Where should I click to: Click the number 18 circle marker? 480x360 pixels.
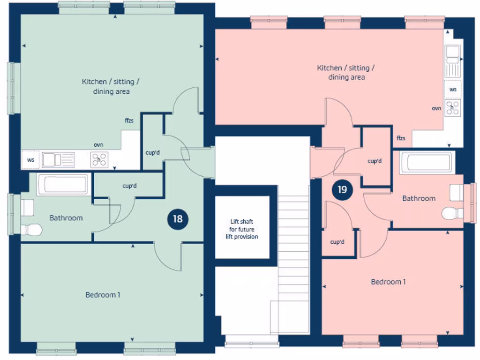click(178, 219)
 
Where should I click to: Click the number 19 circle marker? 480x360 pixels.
click(342, 190)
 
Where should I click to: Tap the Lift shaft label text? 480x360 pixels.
click(244, 229)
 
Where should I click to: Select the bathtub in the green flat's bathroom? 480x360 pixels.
click(62, 184)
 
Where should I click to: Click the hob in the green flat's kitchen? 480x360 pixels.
click(99, 160)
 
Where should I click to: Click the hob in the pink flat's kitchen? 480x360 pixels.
click(453, 107)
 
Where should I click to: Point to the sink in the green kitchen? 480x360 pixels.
click(58, 160)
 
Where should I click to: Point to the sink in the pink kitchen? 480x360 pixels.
click(453, 61)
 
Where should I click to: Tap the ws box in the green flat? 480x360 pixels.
click(31, 160)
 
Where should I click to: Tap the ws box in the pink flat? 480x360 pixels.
click(453, 89)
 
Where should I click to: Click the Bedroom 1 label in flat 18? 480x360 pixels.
click(103, 295)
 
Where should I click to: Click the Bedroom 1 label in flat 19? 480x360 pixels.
click(388, 282)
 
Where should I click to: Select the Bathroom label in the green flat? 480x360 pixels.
click(66, 217)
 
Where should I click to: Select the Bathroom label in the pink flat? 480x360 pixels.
click(419, 198)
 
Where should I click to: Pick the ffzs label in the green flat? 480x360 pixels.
click(129, 120)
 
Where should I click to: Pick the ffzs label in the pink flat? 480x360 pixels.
click(401, 138)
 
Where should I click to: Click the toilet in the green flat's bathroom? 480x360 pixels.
click(32, 230)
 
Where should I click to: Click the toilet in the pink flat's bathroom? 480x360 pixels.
click(451, 213)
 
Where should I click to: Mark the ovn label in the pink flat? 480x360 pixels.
click(436, 108)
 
